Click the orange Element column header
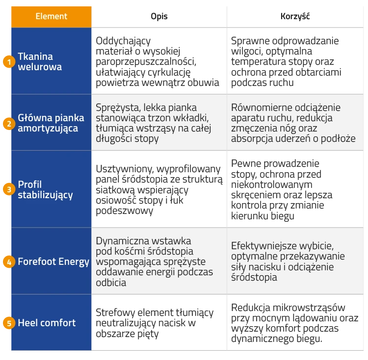pos(51,17)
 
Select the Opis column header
pos(159,16)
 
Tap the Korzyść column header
pos(295,16)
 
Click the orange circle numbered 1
pos(9,62)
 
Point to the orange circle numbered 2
pos(9,124)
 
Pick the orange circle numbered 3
pos(9,189)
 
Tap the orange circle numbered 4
pos(9,262)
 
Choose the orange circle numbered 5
pos(9,323)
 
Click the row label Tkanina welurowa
pos(40,62)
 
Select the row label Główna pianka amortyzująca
pos(51,123)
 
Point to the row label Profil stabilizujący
pos(45,190)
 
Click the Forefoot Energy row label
pos(53,262)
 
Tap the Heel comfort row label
pos(47,323)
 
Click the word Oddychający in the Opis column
pos(123,41)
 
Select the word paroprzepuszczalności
pos(146,62)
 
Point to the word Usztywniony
pos(125,169)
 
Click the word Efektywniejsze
pos(264,246)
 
